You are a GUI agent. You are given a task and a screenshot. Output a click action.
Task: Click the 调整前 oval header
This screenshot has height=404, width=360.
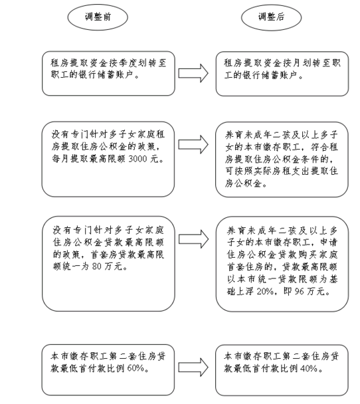98,17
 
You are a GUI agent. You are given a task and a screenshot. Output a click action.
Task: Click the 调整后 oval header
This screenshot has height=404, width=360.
271,17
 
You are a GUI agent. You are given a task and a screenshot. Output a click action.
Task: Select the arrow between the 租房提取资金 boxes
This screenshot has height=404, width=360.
193,73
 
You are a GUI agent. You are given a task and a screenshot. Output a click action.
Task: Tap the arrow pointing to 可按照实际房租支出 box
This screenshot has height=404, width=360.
193,145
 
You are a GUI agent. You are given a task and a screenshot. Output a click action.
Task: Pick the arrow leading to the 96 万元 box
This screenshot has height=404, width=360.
193,239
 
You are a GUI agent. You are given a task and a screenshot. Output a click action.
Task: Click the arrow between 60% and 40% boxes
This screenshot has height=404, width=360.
193,367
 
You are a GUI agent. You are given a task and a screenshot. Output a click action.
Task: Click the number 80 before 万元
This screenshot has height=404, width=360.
97,266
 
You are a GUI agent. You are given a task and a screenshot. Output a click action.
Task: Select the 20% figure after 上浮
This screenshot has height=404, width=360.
265,292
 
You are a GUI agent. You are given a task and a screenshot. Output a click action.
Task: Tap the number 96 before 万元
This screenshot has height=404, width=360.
300,292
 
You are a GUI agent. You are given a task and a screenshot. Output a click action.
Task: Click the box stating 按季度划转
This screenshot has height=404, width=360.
108,74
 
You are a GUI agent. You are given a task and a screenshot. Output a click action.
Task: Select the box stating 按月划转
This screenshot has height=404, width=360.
282,74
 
